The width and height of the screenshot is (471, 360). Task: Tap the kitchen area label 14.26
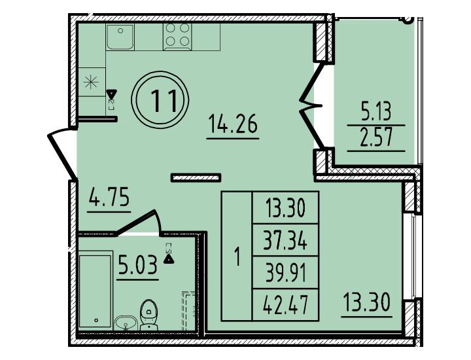tap(233, 125)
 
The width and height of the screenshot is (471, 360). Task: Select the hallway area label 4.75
tap(109, 197)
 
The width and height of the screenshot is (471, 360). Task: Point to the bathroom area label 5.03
tap(137, 264)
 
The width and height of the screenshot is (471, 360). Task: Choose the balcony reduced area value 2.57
tap(376, 137)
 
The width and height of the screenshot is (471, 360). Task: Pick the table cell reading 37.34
tap(285, 240)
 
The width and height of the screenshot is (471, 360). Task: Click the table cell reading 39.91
tap(285, 273)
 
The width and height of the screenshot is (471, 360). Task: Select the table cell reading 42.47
tap(285, 305)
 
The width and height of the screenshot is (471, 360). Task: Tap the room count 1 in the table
tap(237, 257)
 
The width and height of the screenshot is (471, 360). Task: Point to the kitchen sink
tap(120, 37)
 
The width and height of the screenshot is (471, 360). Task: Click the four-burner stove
tap(177, 37)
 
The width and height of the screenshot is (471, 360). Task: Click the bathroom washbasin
tap(126, 323)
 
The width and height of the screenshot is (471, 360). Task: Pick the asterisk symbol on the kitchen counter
tap(91, 82)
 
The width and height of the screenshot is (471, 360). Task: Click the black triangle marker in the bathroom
tap(169, 259)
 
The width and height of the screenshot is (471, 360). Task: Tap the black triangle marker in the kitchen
tap(111, 95)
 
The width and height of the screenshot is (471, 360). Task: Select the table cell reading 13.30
tap(285, 208)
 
